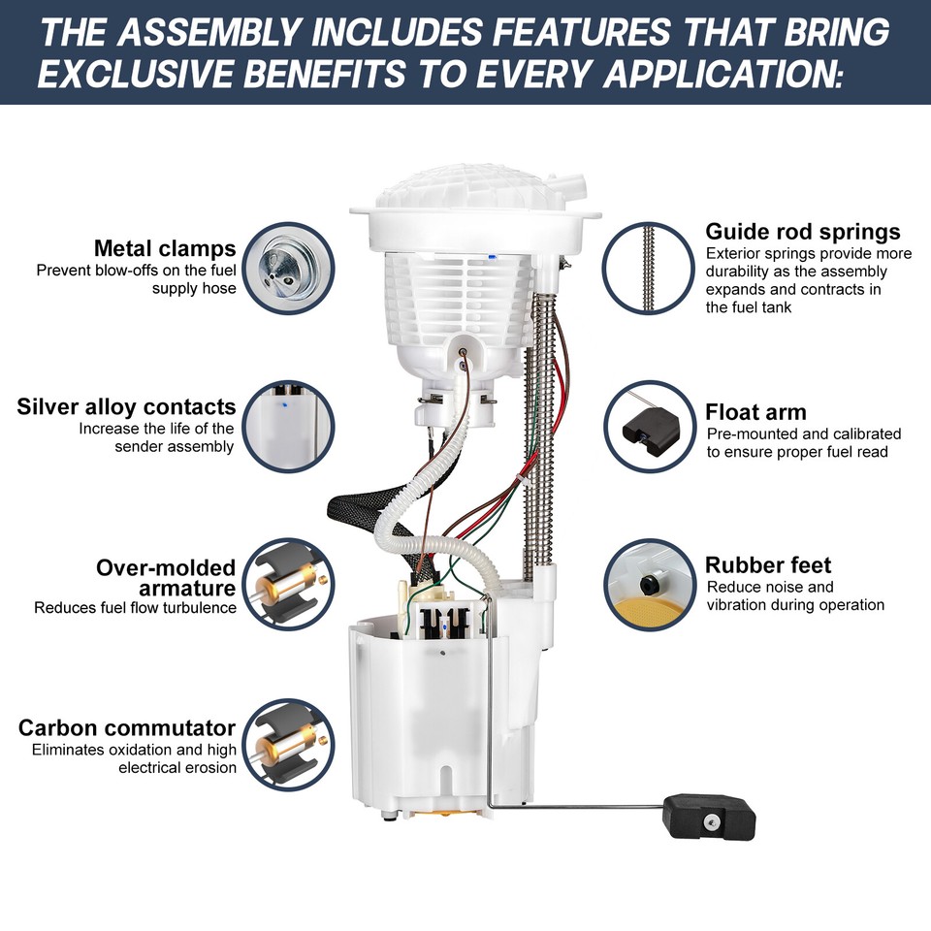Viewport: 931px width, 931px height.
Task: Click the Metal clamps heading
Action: (164, 248)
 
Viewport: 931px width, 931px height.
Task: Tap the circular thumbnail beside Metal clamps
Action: (288, 267)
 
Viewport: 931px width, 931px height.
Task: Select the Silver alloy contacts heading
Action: (126, 406)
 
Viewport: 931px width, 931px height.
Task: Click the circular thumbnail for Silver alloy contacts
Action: (288, 426)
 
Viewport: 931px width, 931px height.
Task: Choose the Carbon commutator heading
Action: (127, 727)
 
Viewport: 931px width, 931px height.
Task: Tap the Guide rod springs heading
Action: (802, 232)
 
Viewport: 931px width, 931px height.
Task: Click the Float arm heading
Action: (755, 412)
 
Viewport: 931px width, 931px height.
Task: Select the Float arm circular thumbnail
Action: (647, 426)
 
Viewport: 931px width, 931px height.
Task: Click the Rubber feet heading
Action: (768, 565)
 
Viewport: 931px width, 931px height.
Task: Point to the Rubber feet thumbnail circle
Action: (647, 585)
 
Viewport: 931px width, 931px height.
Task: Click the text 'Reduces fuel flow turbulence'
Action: (135, 608)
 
